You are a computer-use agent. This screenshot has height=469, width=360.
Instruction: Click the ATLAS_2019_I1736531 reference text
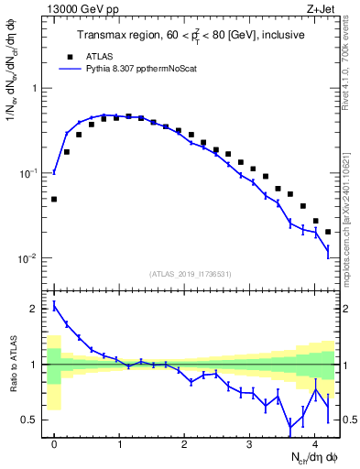point(191,273)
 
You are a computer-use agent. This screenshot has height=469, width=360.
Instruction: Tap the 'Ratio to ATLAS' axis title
point(13,364)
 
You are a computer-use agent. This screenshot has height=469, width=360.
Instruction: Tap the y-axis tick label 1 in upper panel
point(34,88)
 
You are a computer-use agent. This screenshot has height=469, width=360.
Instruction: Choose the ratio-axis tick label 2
point(34,309)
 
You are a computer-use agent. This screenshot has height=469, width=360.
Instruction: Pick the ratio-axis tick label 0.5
point(29,420)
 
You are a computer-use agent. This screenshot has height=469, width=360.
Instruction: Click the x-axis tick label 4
point(314,442)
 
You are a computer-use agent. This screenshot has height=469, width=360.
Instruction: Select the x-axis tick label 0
point(54,442)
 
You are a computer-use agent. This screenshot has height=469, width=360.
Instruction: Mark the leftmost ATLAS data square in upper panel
point(54,199)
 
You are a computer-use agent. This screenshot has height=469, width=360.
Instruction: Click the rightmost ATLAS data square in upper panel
point(328,232)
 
